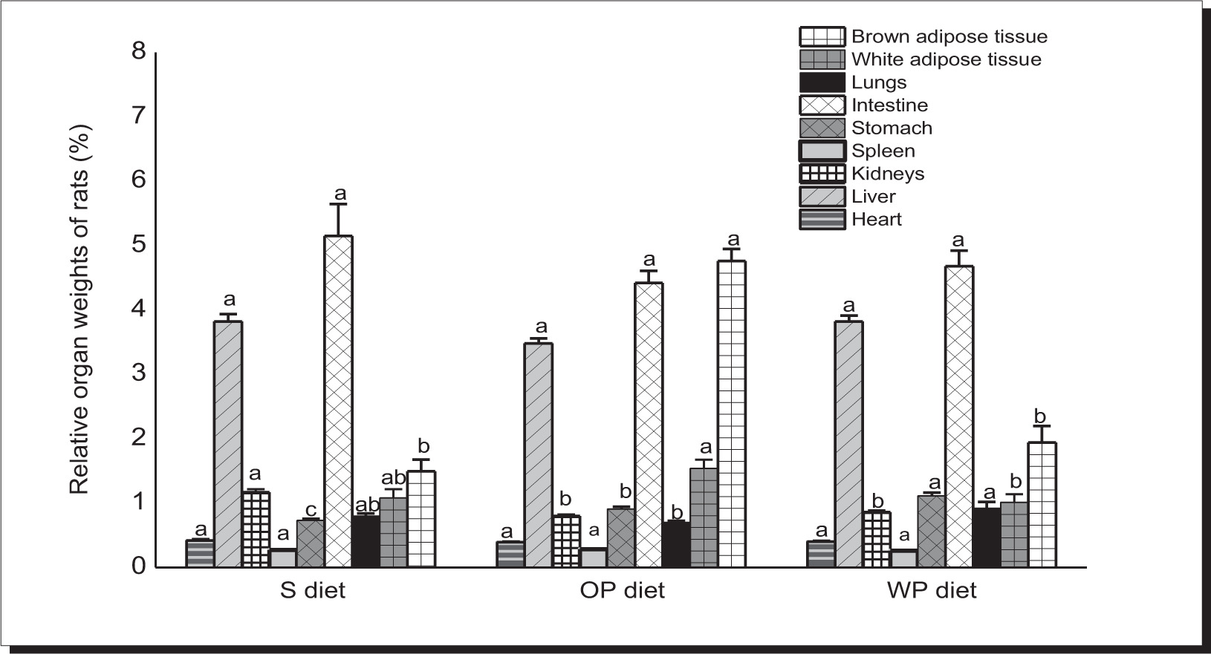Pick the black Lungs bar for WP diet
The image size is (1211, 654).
987,537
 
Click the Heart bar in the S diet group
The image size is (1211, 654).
200,554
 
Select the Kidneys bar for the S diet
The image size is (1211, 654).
256,529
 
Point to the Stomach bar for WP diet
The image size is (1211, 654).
932,531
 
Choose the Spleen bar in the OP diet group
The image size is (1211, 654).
594,557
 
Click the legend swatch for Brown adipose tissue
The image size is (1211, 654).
822,36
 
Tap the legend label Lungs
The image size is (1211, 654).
879,82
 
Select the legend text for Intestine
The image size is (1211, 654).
889,105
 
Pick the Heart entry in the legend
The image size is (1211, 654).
877,220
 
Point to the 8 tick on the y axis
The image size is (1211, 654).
138,52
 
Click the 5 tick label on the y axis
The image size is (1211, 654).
138,245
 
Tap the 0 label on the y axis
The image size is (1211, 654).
138,566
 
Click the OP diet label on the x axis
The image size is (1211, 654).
621,591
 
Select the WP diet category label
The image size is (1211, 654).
932,591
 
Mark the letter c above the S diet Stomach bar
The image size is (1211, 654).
311,511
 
